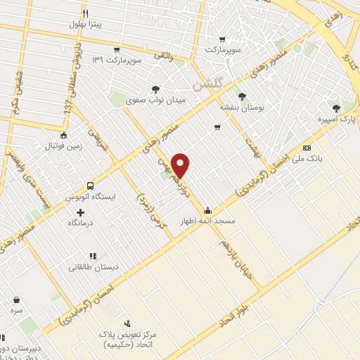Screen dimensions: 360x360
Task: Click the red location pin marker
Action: coord(182,165)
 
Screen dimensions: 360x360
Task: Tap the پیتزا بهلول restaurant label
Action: coord(86,25)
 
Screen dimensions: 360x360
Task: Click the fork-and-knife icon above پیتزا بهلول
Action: coord(86,13)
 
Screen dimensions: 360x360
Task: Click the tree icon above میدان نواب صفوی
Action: coord(155,89)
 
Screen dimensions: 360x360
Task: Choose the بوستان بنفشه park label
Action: coord(242,108)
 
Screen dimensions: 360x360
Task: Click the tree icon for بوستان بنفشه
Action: coord(243,96)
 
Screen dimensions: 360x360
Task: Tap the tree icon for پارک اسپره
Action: coord(337,108)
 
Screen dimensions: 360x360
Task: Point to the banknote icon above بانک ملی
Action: coord(307,148)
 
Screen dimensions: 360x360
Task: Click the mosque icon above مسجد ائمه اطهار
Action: coord(207,210)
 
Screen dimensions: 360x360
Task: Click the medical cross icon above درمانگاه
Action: coord(79,212)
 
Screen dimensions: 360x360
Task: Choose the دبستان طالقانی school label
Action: coord(91,268)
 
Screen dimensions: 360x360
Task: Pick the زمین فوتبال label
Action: coord(63,147)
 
